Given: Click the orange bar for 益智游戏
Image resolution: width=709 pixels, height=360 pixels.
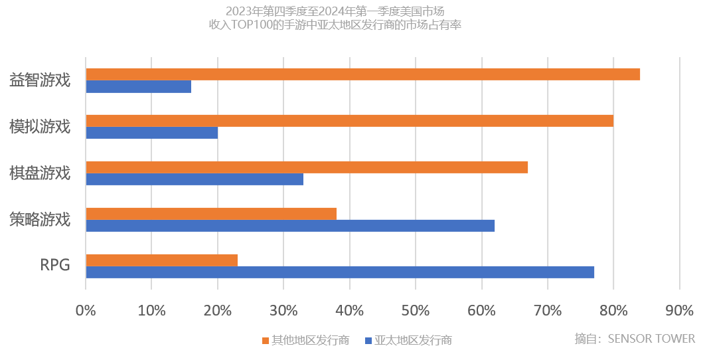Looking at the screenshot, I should (362, 74).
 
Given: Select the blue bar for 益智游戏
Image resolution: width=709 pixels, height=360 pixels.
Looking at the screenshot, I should (138, 87).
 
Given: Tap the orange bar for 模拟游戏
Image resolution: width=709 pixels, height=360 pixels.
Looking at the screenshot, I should (349, 120).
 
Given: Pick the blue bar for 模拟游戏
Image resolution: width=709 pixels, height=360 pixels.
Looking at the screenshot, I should (151, 134).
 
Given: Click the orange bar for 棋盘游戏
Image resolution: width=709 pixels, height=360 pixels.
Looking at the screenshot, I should (307, 167).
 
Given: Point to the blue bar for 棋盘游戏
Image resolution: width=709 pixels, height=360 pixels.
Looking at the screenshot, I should (195, 179).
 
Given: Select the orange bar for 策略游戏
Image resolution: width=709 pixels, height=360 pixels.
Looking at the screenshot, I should (211, 213).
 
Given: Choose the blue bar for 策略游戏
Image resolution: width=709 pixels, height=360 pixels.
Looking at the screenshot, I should (290, 226).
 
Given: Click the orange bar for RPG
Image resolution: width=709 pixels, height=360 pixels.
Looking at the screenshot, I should (161, 260).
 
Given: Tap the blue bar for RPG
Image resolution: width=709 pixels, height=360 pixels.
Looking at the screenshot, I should (340, 272).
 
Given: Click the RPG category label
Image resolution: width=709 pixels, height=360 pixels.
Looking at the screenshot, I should (55, 266).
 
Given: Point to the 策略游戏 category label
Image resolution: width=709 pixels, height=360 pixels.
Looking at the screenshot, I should (40, 219).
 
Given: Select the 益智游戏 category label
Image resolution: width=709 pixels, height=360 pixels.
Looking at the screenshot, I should (40, 80).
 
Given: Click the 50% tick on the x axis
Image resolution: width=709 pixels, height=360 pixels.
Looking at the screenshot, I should (415, 310).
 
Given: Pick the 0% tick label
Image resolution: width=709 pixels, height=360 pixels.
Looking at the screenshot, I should (86, 310).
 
